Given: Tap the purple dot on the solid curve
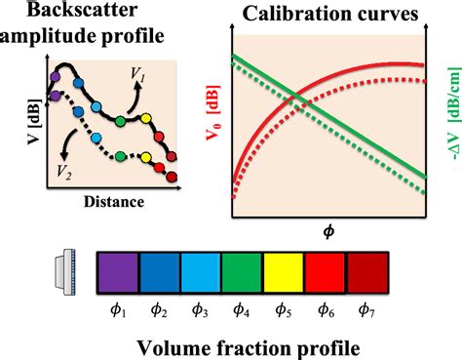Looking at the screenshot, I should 57,74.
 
